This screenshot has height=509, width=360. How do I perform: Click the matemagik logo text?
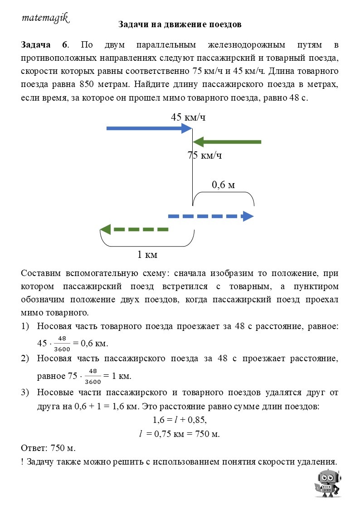pyautogui.click(x=45, y=18)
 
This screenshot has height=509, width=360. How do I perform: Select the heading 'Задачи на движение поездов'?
pyautogui.click(x=180, y=24)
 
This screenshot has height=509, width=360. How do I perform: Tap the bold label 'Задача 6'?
pyautogui.click(x=44, y=45)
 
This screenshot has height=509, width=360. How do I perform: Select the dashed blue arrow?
pyautogui.click(x=211, y=216)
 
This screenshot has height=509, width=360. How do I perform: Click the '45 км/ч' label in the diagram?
pyautogui.click(x=188, y=117)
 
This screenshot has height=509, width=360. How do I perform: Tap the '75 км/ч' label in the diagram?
pyautogui.click(x=204, y=156)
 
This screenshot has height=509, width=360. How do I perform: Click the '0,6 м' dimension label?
pyautogui.click(x=223, y=185)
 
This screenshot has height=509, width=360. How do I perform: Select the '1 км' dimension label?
pyautogui.click(x=147, y=255)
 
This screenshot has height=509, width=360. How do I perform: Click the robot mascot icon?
pyautogui.click(x=328, y=483)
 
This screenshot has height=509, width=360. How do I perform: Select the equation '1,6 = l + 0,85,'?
pyautogui.click(x=180, y=420)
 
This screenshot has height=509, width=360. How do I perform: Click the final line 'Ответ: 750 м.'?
pyautogui.click(x=48, y=448)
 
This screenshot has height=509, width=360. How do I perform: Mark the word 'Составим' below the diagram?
pyautogui.click(x=41, y=274)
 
